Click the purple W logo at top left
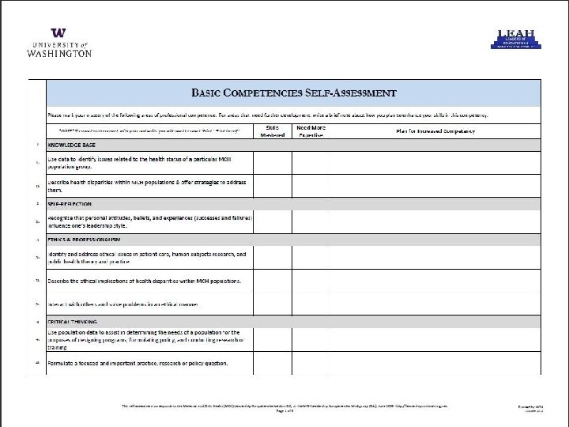(x=58, y=33)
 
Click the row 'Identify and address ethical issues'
(x=147, y=258)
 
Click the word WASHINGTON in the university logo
(x=59, y=53)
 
